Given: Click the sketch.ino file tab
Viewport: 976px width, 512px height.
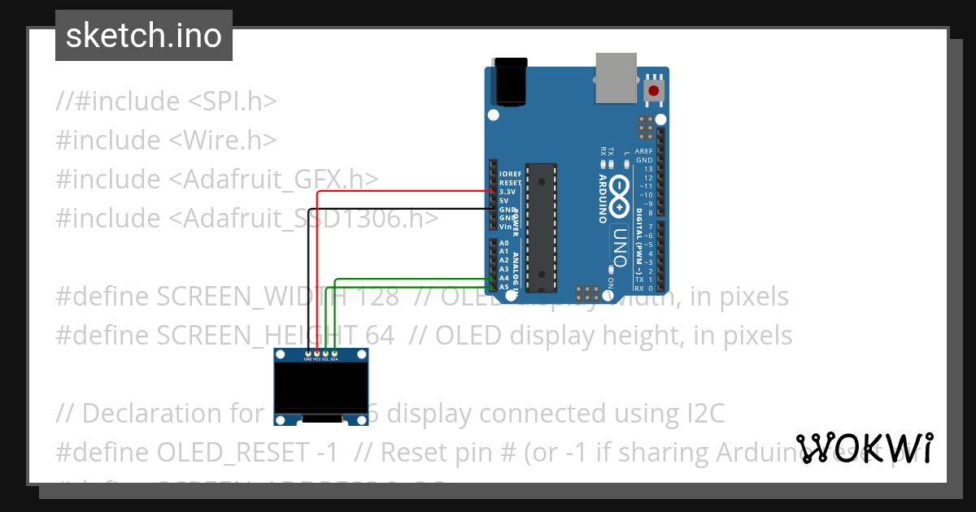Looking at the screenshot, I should point(144,36).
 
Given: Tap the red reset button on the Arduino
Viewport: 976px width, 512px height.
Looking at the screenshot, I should point(653,89).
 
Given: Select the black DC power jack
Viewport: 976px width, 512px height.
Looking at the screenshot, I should point(513,81).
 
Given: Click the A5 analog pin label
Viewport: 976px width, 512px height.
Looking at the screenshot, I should point(504,287).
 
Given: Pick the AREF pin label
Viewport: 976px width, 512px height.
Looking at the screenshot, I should point(643,151).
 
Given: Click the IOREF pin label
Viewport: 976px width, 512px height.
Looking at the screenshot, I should point(511,174).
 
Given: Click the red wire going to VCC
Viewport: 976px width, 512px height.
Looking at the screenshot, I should point(317,268).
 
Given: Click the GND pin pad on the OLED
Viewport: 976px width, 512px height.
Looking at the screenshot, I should point(307,356).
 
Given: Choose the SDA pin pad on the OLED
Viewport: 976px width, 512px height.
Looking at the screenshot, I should point(334,356).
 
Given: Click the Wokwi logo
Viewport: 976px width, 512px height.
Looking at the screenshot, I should point(865,448).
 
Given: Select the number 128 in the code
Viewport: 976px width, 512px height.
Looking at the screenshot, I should point(375,297).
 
